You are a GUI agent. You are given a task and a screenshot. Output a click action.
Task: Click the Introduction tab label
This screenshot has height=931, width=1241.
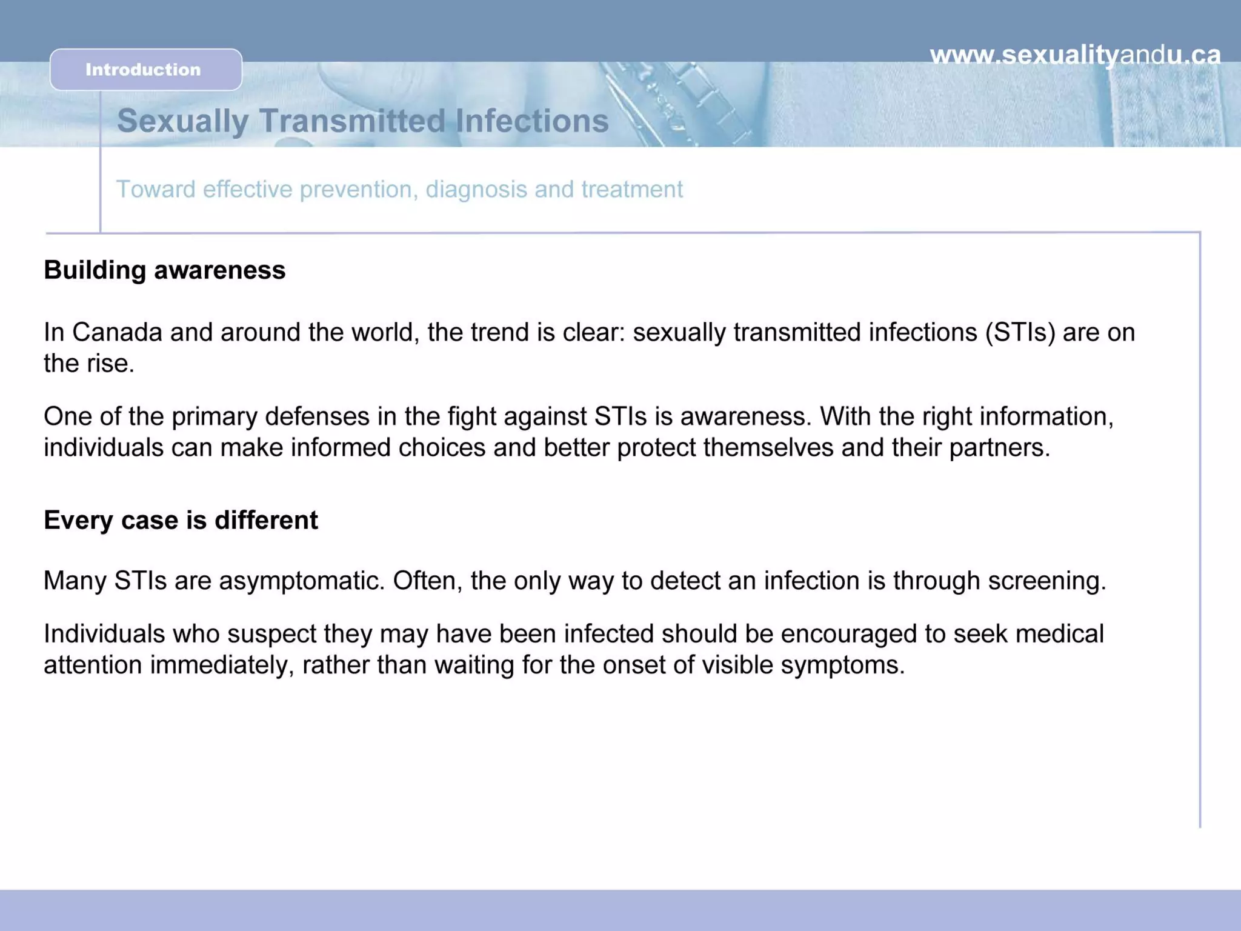pyautogui.click(x=143, y=70)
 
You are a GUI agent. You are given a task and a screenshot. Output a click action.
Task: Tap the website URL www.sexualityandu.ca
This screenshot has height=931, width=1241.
pyautogui.click(x=1075, y=55)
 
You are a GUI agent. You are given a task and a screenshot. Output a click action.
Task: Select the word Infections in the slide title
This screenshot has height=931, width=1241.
pyautogui.click(x=531, y=121)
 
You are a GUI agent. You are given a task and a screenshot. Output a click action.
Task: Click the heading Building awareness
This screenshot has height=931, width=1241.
pyautogui.click(x=164, y=270)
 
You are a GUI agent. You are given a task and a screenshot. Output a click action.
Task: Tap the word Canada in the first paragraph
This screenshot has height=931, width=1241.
pyautogui.click(x=117, y=332)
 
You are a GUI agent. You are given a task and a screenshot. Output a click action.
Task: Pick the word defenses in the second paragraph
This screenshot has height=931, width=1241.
pyautogui.click(x=318, y=416)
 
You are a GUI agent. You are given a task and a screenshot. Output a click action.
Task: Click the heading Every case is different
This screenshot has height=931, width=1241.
pyautogui.click(x=181, y=520)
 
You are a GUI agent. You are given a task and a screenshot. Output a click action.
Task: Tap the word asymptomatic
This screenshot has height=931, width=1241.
pyautogui.click(x=302, y=581)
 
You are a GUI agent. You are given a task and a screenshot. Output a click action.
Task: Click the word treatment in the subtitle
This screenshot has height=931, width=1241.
pyautogui.click(x=632, y=189)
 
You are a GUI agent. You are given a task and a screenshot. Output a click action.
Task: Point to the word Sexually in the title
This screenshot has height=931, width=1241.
pyautogui.click(x=182, y=121)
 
